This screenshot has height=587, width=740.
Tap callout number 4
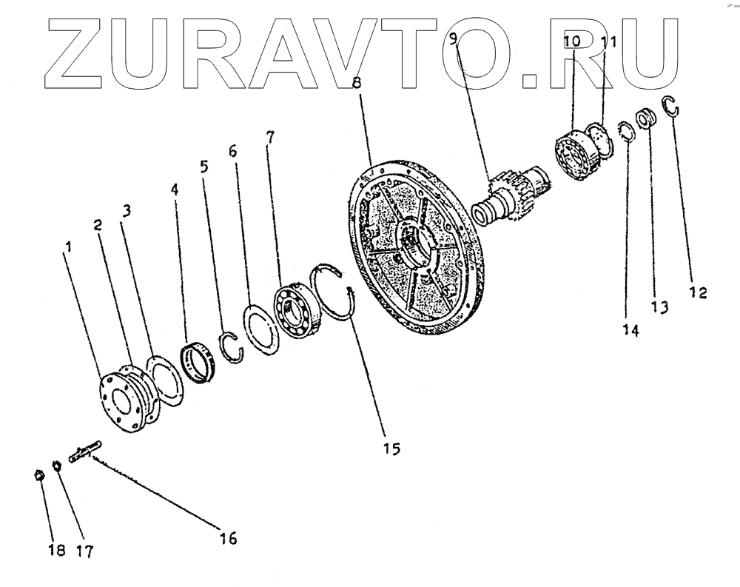[x=175, y=190]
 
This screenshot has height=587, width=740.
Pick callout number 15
[x=390, y=448]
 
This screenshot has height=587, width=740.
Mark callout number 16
[x=227, y=539]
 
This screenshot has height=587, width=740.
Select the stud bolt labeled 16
[x=86, y=452]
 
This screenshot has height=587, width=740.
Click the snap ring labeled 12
[x=672, y=107]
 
